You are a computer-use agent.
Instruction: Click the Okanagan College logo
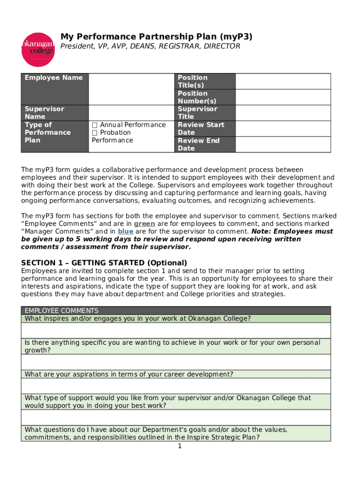[x=38, y=50]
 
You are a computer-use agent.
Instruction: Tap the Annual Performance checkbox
[x=94, y=125]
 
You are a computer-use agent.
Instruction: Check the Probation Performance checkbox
[x=94, y=133]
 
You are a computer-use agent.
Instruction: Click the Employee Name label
[x=54, y=78]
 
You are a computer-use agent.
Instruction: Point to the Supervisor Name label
[x=44, y=113]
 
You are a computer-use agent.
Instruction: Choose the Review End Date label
[x=199, y=144]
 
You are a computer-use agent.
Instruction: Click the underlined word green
[x=144, y=224]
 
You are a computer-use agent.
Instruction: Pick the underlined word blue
[x=125, y=232]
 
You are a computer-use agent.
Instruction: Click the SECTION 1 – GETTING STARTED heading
[x=104, y=263]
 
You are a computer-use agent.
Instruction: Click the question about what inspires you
[x=138, y=319]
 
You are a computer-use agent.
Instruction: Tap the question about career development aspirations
[x=129, y=374]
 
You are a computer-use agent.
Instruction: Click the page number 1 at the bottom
[x=180, y=446]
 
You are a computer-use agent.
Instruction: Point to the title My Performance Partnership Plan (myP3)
[x=156, y=36]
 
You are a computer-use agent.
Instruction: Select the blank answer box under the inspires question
[x=176, y=331]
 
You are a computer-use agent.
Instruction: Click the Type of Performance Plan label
[x=48, y=132]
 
